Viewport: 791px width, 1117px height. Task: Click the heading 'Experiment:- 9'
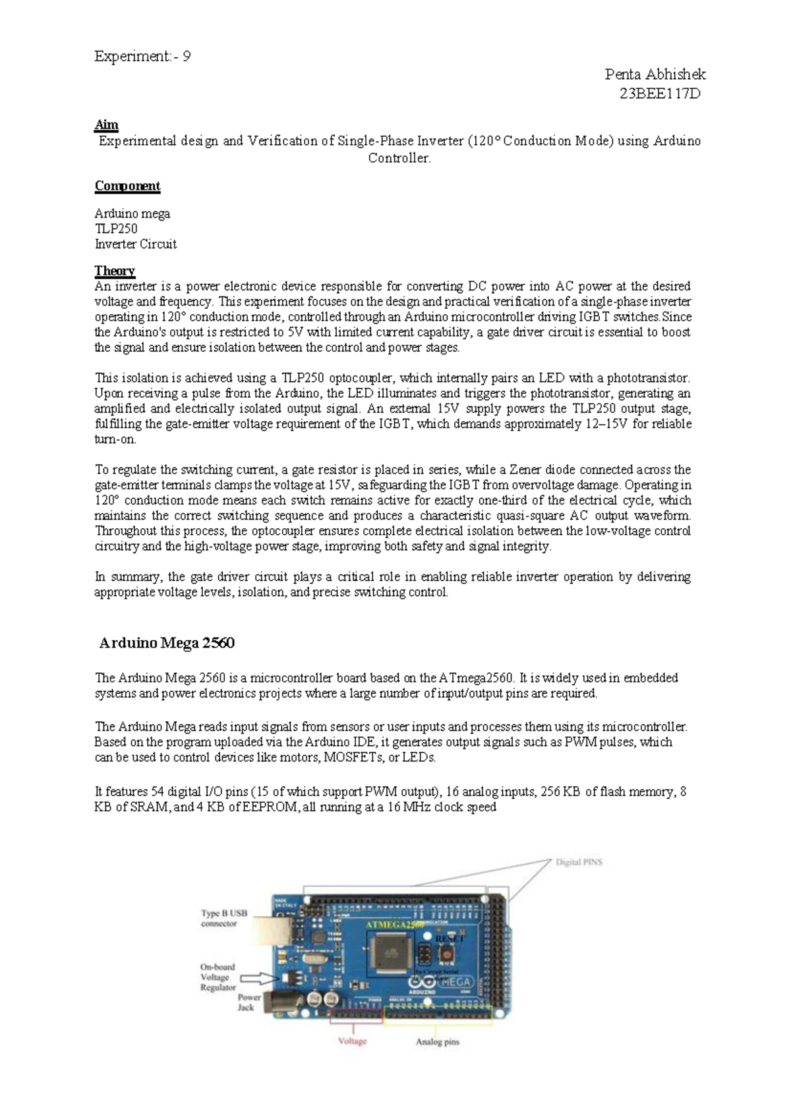click(x=142, y=57)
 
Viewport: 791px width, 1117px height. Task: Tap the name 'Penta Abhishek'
click(x=655, y=74)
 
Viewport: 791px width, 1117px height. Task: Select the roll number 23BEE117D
click(x=660, y=94)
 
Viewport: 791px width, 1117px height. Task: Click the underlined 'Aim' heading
click(x=106, y=125)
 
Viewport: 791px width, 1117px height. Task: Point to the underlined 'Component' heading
click(x=127, y=186)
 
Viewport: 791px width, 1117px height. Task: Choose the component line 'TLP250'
click(x=116, y=229)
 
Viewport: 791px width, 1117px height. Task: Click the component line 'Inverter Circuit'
click(x=135, y=244)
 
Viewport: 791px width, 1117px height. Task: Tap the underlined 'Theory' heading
click(x=115, y=271)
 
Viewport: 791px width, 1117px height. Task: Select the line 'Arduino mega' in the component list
click(x=132, y=213)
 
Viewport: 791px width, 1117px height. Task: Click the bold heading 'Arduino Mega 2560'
click(x=167, y=643)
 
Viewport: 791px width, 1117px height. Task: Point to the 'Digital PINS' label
click(x=579, y=861)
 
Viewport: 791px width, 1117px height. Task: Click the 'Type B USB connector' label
click(x=224, y=918)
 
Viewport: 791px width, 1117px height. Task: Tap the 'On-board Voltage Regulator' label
click(x=218, y=977)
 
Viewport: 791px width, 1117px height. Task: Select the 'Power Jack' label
click(x=249, y=1002)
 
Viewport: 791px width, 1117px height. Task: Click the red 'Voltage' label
click(x=352, y=1041)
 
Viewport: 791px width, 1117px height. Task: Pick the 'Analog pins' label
click(x=437, y=1042)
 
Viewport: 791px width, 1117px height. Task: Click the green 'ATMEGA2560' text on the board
click(x=394, y=925)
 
